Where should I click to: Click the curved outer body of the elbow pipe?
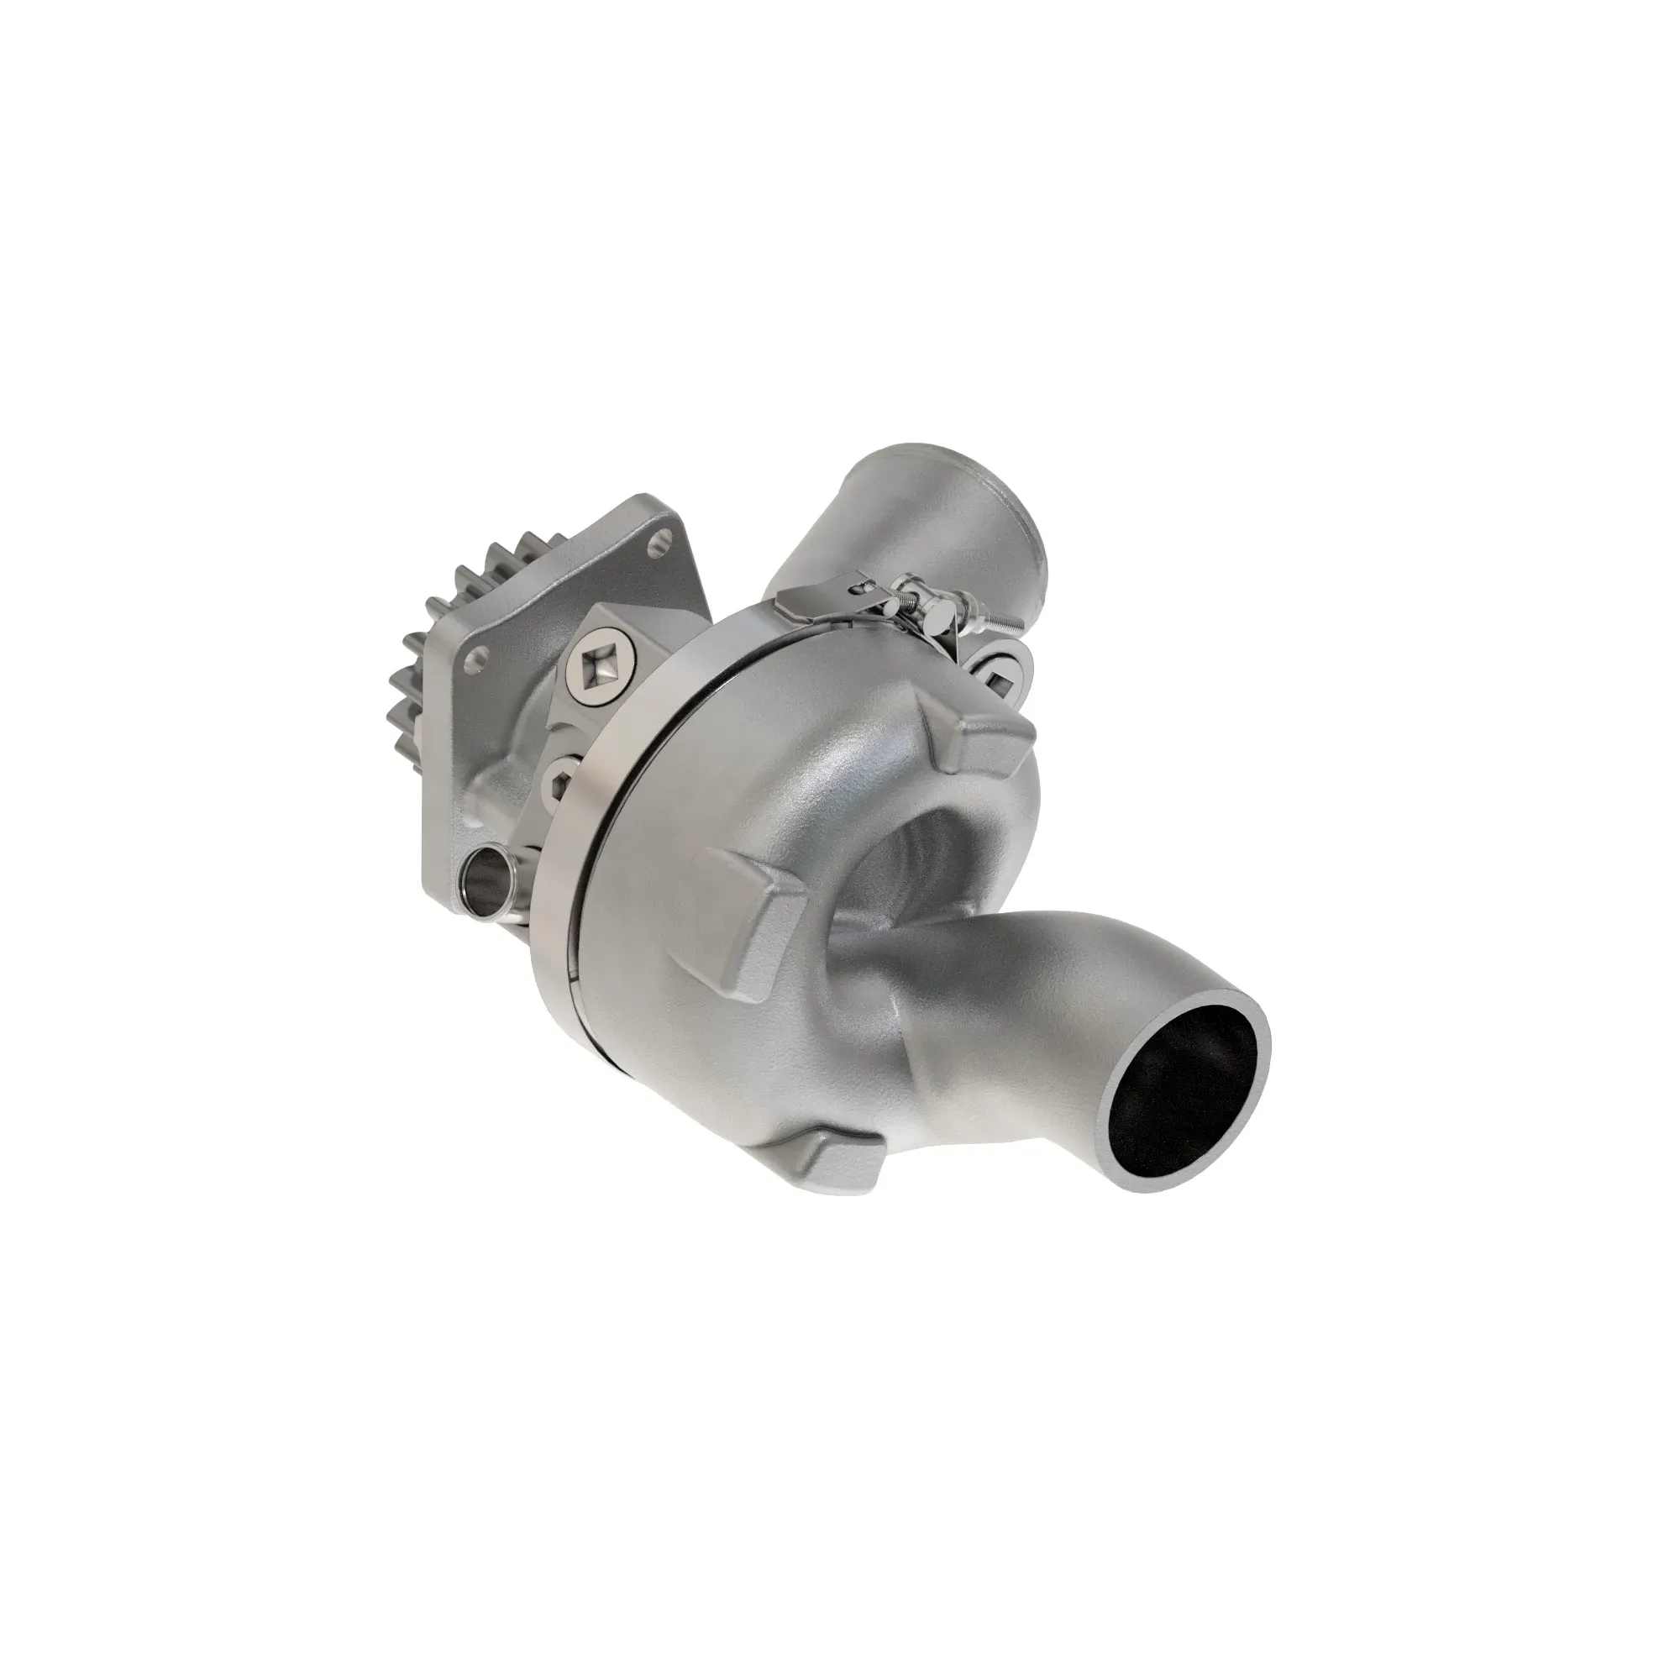pyautogui.click(x=1026, y=974)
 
